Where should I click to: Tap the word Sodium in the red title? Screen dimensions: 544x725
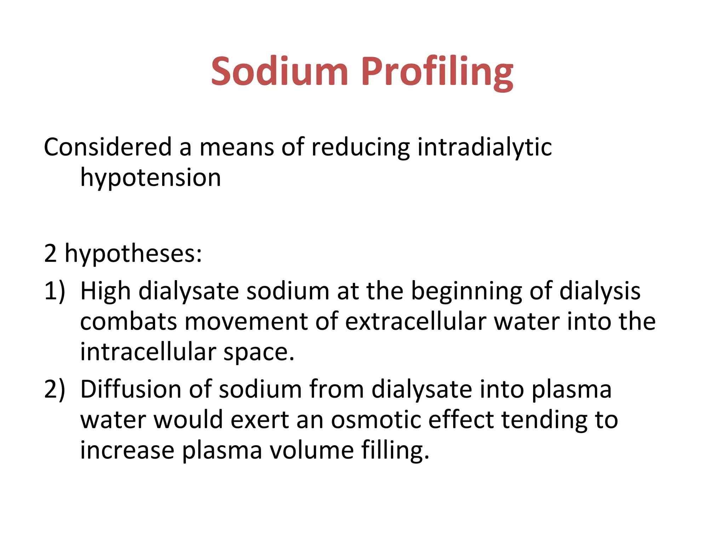[280, 72]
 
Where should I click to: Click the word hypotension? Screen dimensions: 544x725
[150, 178]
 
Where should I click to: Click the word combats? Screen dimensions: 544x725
[129, 322]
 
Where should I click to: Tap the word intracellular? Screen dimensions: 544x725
[148, 352]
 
